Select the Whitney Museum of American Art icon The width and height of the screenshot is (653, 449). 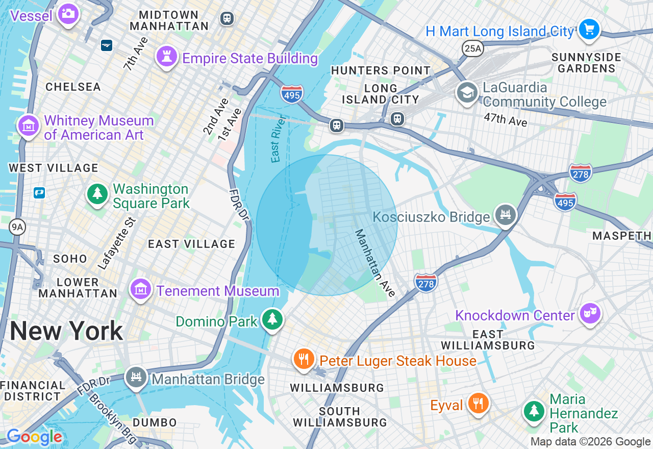(x=29, y=125)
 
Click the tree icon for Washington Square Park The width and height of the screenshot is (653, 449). (x=97, y=194)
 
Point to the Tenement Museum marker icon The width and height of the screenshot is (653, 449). (x=141, y=289)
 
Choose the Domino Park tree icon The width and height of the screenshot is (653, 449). (x=272, y=319)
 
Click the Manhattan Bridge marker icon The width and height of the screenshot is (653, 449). (x=136, y=378)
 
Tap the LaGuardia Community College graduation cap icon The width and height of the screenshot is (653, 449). (x=467, y=92)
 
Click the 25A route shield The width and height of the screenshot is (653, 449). (x=472, y=48)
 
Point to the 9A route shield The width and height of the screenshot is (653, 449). (x=17, y=227)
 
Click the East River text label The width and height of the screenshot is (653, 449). (x=279, y=139)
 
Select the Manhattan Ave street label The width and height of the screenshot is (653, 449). (x=375, y=263)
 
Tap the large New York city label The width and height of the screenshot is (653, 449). (x=66, y=331)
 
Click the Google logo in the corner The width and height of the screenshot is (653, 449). (x=34, y=437)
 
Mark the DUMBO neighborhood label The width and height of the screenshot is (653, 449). (x=155, y=422)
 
